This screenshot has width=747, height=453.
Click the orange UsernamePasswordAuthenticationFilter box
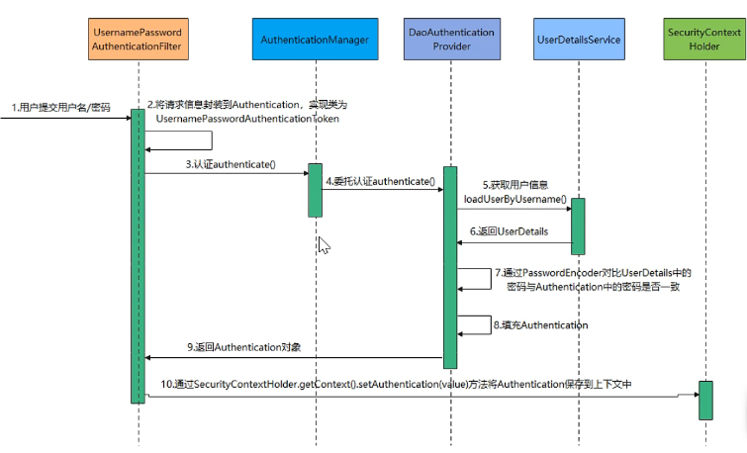(x=138, y=40)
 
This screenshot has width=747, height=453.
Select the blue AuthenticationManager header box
(x=315, y=40)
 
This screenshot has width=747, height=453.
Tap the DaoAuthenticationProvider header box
(x=450, y=40)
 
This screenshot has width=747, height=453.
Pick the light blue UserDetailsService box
(x=577, y=40)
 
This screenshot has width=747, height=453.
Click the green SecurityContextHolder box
(x=705, y=40)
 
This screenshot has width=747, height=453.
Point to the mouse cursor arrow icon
(x=324, y=244)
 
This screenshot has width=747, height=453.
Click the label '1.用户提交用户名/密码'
(x=62, y=106)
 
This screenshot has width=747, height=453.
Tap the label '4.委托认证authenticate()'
(x=381, y=181)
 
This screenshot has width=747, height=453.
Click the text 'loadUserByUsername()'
(x=515, y=198)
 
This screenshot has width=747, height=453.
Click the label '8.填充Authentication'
(x=542, y=324)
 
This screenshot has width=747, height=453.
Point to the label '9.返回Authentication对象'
(x=244, y=347)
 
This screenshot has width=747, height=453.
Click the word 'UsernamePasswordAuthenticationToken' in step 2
(x=247, y=118)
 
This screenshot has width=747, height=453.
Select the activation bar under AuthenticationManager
(x=315, y=190)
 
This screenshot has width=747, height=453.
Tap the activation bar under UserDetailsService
(x=577, y=226)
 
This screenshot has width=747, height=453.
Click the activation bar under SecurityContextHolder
(x=705, y=400)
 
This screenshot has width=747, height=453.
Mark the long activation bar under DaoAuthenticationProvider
(x=450, y=267)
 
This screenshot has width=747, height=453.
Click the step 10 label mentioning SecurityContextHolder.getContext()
(x=396, y=384)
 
